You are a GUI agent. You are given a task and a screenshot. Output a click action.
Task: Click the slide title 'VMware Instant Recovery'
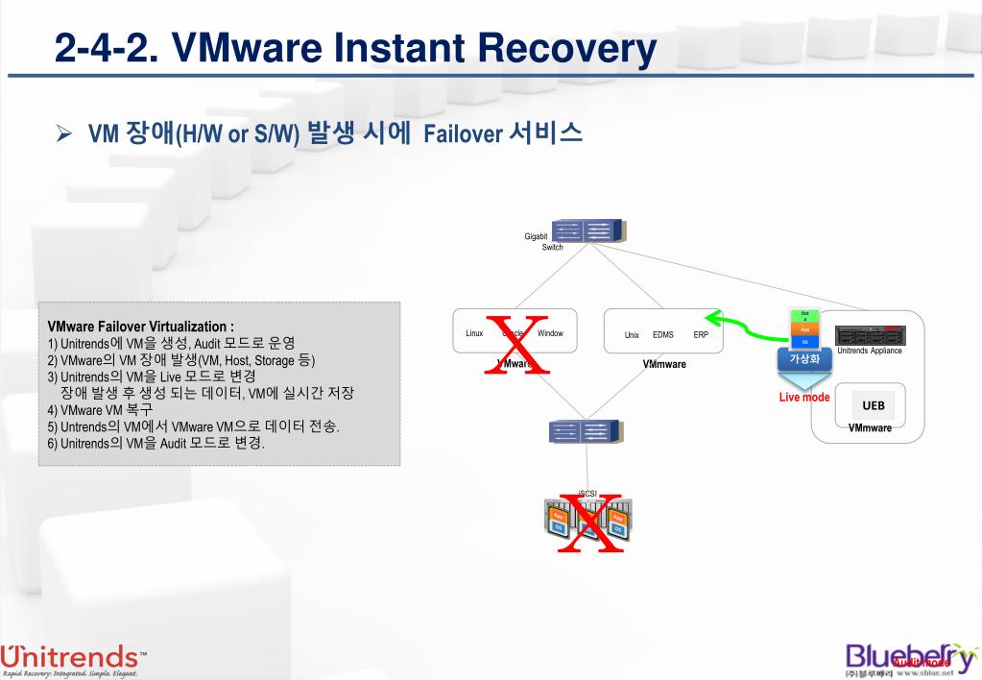pos(356,47)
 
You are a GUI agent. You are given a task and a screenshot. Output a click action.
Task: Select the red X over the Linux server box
pos(518,344)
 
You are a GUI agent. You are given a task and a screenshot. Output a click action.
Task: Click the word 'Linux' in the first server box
pos(474,334)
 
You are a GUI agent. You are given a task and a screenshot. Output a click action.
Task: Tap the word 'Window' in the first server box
pos(550,334)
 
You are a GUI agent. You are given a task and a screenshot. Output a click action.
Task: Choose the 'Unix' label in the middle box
pos(632,335)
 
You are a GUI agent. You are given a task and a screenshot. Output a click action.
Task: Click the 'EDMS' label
pos(662,335)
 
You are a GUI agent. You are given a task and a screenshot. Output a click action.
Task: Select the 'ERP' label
pos(701,335)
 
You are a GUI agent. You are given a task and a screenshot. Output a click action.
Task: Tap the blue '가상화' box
pos(803,359)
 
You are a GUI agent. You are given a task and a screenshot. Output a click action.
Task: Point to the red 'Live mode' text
pos(803,398)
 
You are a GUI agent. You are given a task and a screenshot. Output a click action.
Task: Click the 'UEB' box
pos(873,405)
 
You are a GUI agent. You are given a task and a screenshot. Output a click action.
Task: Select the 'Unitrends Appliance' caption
pos(869,352)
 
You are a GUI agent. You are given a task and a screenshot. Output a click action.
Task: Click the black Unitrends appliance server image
pos(870,336)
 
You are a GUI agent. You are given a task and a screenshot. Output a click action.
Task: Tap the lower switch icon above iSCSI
pos(585,431)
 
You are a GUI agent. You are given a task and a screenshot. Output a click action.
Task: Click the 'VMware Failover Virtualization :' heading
pos(140,327)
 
